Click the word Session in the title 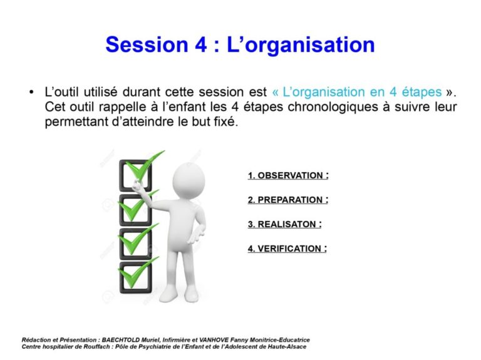[x=147, y=44]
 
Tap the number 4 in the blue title [x=200, y=45]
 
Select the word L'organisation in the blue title [x=301, y=45]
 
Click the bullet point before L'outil [x=31, y=92]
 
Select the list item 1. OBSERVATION [x=288, y=175]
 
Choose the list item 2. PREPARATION [x=288, y=200]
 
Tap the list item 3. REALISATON [x=285, y=224]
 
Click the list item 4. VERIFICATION [x=287, y=249]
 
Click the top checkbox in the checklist [x=135, y=175]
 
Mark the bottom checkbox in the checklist [x=135, y=277]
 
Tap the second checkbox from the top [x=135, y=210]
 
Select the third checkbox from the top [x=135, y=244]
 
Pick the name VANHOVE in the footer [x=214, y=340]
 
